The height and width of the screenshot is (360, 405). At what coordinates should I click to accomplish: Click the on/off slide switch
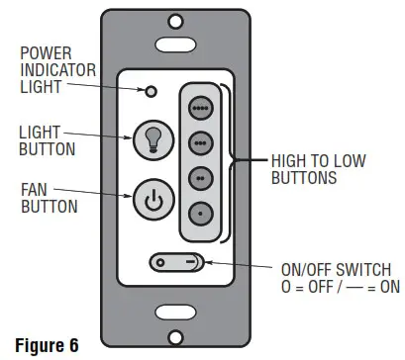pyautogui.click(x=177, y=263)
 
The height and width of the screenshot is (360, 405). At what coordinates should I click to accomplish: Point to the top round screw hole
pyautogui.click(x=175, y=19)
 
